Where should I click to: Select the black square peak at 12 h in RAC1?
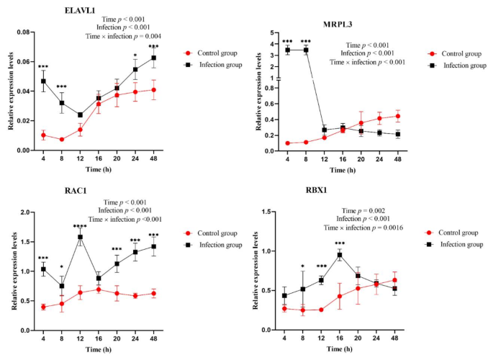pos(80,237)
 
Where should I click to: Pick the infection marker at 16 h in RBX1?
pos(339,255)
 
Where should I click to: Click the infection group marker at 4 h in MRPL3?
pos(287,50)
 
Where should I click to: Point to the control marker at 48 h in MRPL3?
pos(397,116)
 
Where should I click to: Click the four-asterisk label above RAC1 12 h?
pos(80,227)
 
